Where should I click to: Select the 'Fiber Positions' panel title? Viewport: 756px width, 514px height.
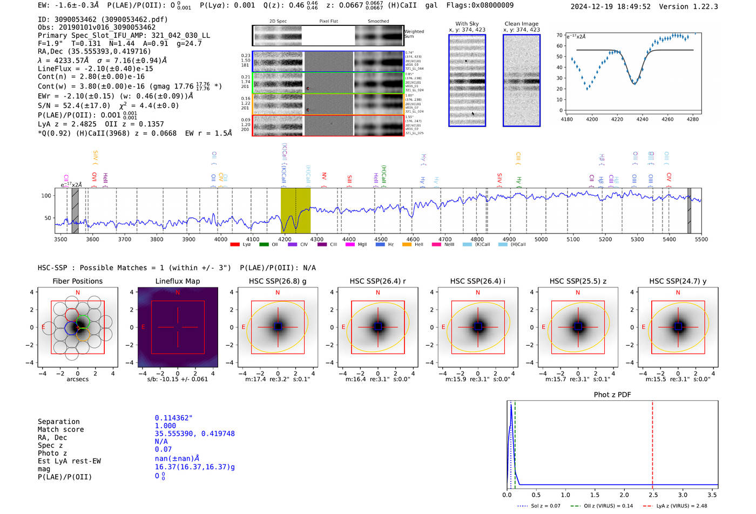click(77, 281)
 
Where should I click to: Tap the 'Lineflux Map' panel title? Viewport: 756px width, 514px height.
click(177, 281)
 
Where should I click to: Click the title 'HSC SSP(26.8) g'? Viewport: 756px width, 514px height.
click(278, 281)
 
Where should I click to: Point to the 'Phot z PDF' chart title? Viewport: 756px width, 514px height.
click(612, 395)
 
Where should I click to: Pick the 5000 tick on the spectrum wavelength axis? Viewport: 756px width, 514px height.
click(541, 239)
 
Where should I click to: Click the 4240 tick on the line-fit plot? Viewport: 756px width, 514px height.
click(642, 119)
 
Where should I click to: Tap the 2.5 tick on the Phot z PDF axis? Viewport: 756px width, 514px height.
click(653, 495)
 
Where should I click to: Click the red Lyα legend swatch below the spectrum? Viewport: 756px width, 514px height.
click(235, 245)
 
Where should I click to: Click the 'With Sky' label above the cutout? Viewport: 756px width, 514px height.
click(467, 24)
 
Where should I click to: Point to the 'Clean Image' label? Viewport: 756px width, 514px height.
click(521, 24)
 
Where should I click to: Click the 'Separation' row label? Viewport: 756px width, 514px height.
click(58, 422)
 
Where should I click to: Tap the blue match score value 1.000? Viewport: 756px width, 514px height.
click(165, 426)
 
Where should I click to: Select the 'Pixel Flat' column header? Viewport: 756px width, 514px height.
click(328, 22)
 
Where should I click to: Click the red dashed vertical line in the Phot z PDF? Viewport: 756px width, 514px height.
click(652, 442)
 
